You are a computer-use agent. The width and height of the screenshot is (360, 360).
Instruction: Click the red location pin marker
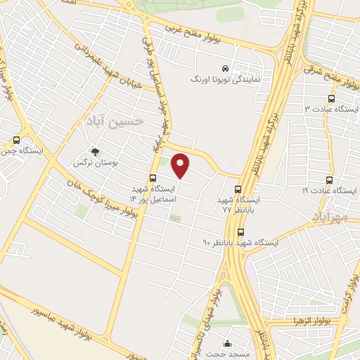[x=181, y=165]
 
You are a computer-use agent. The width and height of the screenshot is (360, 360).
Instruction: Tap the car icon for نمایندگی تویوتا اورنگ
[x=224, y=69]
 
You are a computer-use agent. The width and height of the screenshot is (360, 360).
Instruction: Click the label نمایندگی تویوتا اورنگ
[x=226, y=80]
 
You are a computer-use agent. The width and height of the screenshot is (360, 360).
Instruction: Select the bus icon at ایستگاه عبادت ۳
[x=331, y=99]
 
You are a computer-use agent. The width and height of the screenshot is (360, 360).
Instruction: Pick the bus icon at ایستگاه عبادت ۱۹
[x=330, y=181]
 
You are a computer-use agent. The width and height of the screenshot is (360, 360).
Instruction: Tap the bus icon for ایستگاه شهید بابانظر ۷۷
[x=238, y=188]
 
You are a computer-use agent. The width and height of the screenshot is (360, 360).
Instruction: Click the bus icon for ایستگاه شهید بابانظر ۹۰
[x=241, y=232]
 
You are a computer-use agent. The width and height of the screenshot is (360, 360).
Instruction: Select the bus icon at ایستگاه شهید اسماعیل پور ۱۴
[x=153, y=178]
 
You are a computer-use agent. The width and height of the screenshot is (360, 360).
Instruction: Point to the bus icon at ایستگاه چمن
[x=16, y=140]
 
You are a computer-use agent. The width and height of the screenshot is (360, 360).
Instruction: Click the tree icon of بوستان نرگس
[x=96, y=152]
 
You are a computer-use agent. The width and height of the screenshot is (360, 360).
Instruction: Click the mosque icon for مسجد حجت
[x=227, y=344]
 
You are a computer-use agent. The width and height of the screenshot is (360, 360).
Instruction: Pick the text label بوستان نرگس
[x=96, y=163]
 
